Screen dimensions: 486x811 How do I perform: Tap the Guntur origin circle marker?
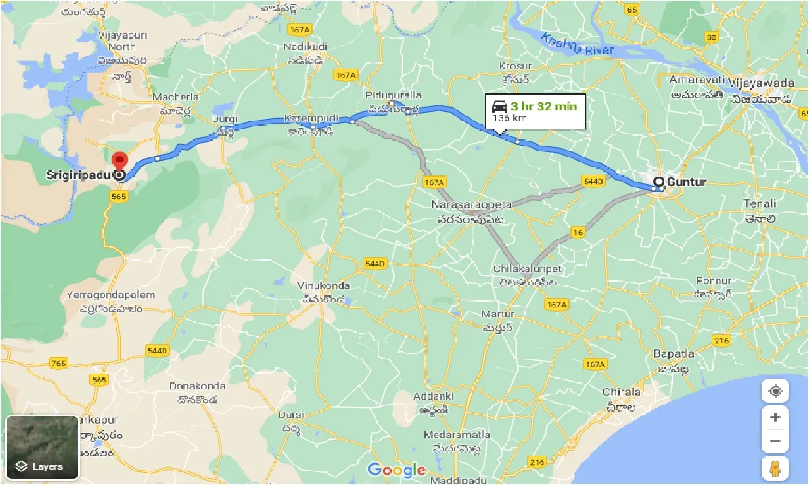pos(659,183)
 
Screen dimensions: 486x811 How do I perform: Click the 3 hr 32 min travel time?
pos(544,106)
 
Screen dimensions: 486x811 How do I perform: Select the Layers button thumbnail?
pos(42,447)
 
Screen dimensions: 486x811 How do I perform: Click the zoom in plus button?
pos(776,418)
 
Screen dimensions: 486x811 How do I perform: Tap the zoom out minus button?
pos(776,441)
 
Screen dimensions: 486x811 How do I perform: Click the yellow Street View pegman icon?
pos(776,469)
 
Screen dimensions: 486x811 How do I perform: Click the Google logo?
pos(397,470)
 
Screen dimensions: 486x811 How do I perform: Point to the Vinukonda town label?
pos(323,286)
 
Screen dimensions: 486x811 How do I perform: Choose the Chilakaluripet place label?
pos(527,269)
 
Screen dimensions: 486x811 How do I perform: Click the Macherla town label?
pos(176,97)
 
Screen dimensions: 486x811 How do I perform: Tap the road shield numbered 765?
pos(59,363)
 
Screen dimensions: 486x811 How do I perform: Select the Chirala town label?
pos(622,392)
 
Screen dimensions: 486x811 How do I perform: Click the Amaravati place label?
pos(695,80)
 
